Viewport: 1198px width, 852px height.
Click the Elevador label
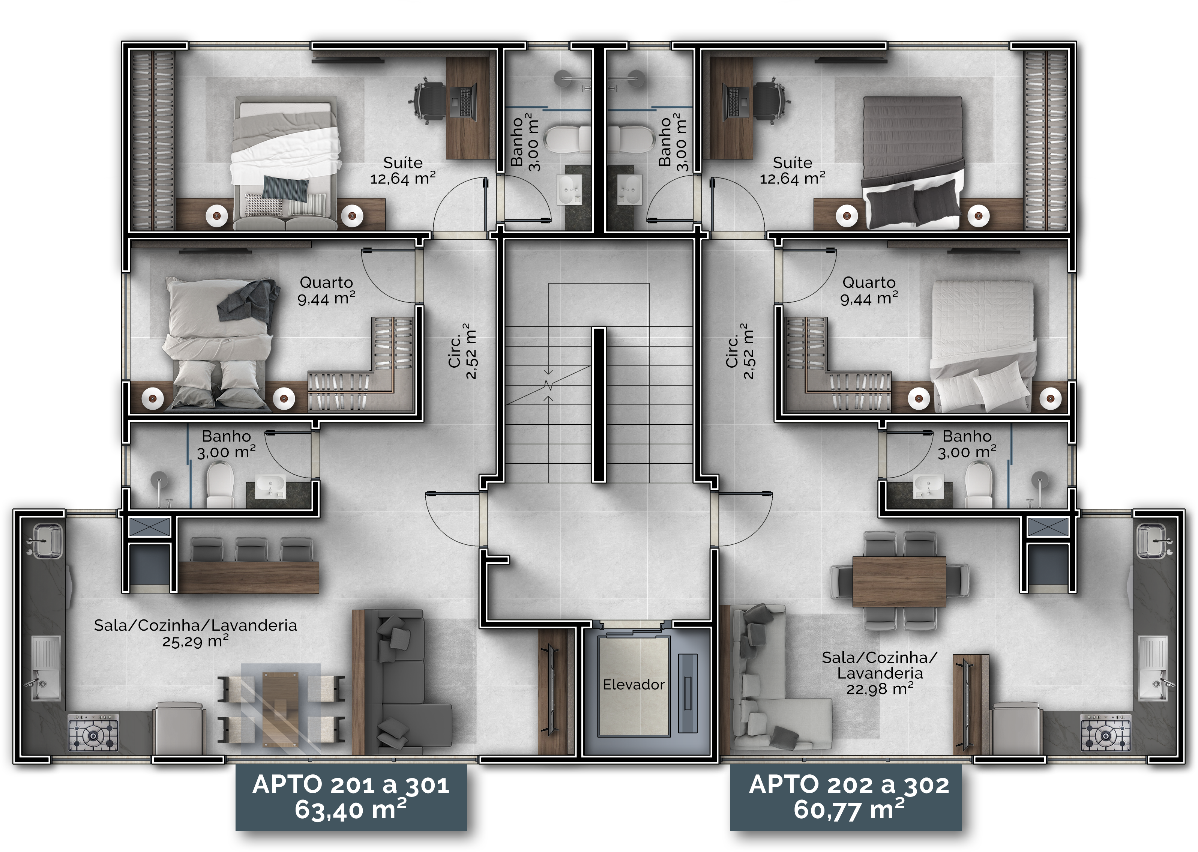click(633, 685)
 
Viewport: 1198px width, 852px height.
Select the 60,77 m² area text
click(849, 810)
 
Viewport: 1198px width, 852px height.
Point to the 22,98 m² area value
click(880, 689)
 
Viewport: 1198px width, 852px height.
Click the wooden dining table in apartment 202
click(899, 581)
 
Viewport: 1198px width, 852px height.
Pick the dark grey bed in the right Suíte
click(913, 163)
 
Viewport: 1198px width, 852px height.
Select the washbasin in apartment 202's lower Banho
click(928, 486)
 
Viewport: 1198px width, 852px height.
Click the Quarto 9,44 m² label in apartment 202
click(869, 291)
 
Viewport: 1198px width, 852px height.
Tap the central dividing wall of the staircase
click(599, 404)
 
